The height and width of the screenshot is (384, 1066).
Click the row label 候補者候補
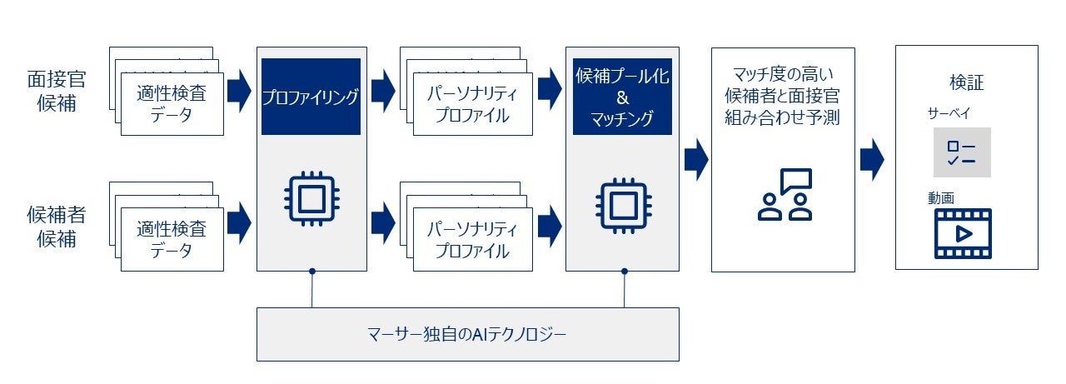click(57, 227)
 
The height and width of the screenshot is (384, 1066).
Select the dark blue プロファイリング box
click(311, 97)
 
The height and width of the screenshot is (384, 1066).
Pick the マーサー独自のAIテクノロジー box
click(467, 334)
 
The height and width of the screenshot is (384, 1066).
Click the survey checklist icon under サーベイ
click(962, 152)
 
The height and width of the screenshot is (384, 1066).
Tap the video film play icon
click(963, 233)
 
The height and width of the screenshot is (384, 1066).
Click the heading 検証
click(966, 82)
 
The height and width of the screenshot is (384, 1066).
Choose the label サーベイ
click(949, 112)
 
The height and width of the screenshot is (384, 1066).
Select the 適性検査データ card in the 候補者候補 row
click(172, 239)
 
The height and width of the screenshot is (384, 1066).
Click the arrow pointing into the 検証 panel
click(872, 158)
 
